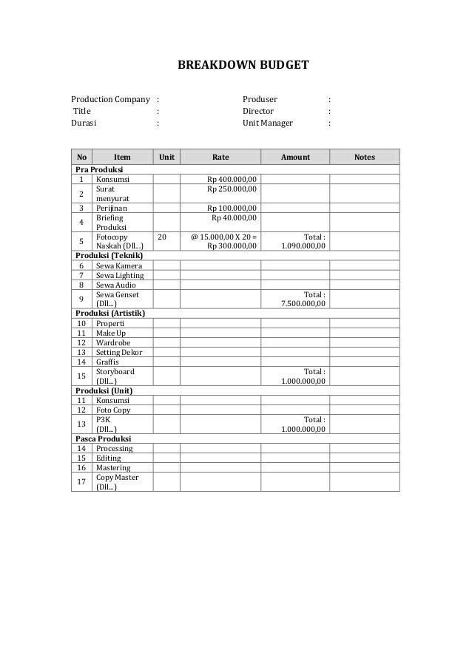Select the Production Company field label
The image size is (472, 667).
click(x=110, y=99)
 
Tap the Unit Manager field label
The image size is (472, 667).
click(x=268, y=123)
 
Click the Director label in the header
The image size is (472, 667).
click(x=258, y=111)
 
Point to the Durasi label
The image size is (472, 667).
click(x=84, y=123)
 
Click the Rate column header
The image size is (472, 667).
click(x=220, y=157)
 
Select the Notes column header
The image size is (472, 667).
click(x=364, y=157)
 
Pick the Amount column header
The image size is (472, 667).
click(x=295, y=157)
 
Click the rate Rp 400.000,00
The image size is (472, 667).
click(x=232, y=179)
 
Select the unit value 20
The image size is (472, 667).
click(x=163, y=237)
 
